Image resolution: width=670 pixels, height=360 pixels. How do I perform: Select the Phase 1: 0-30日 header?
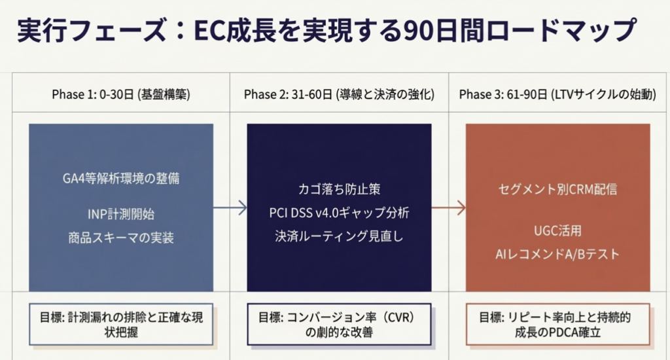[121, 94]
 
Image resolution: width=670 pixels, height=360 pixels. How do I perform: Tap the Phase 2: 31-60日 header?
[339, 94]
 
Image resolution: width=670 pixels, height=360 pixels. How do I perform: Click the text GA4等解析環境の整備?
[121, 177]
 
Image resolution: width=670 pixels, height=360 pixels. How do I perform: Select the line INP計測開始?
[121, 215]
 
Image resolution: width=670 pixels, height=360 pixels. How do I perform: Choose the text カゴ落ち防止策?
[339, 190]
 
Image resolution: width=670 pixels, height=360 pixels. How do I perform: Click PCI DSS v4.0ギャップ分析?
[339, 213]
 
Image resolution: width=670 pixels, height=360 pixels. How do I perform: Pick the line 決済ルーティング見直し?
[339, 236]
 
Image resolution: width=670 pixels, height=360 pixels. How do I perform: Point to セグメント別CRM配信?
[557, 190]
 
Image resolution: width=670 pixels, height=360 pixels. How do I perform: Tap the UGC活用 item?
[557, 230]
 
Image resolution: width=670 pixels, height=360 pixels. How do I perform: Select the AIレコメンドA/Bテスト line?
[557, 253]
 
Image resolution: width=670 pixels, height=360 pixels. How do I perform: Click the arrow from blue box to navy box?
[230, 208]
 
